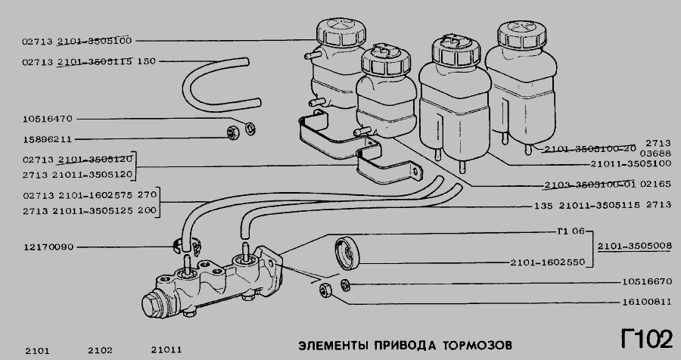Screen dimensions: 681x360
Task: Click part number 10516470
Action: [x=48, y=119]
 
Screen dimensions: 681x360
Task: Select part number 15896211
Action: [x=48, y=139]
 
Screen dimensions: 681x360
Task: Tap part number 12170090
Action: [x=48, y=247]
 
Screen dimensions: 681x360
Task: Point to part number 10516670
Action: [x=647, y=281]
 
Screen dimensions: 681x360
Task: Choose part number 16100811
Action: [x=647, y=301]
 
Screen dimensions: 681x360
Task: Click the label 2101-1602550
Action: [x=548, y=262]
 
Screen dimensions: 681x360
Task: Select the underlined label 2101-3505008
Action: [x=635, y=247]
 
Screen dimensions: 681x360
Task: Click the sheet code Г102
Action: [x=646, y=338]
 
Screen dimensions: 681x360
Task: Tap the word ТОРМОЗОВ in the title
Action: [x=477, y=345]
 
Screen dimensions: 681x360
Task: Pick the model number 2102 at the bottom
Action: [x=100, y=350]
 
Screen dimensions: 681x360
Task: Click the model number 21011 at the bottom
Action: [x=166, y=349]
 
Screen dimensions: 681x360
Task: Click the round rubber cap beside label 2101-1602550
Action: [x=347, y=253]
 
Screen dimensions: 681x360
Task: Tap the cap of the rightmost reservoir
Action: [x=521, y=35]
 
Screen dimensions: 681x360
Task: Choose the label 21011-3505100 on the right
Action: [x=630, y=163]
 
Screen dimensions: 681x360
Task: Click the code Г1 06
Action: [x=571, y=231]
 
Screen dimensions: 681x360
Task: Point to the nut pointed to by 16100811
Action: [x=325, y=290]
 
